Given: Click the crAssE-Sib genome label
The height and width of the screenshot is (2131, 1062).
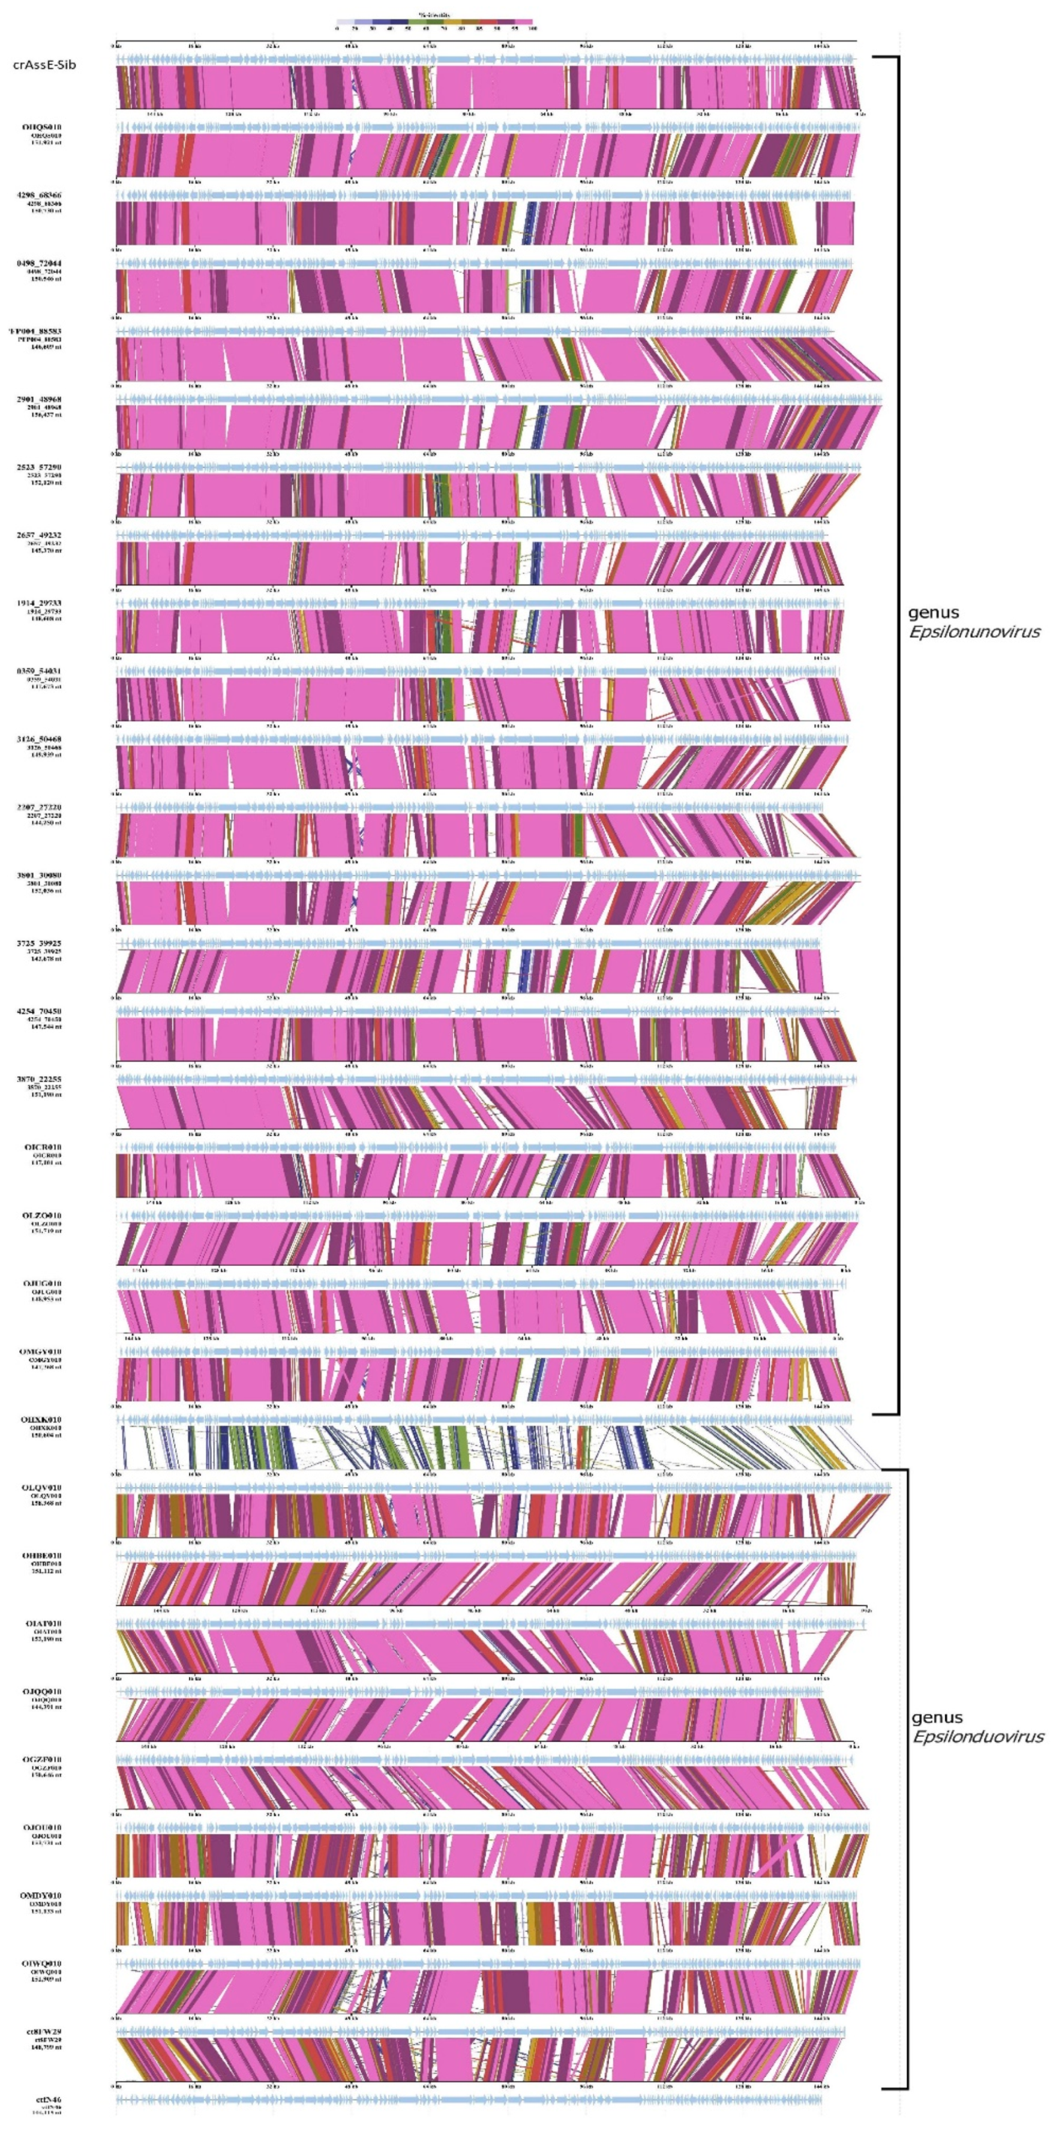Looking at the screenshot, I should (x=44, y=65).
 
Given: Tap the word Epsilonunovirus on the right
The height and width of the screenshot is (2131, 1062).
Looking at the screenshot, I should (x=973, y=632).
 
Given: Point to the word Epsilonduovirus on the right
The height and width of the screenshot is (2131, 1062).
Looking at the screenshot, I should (x=977, y=1737).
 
